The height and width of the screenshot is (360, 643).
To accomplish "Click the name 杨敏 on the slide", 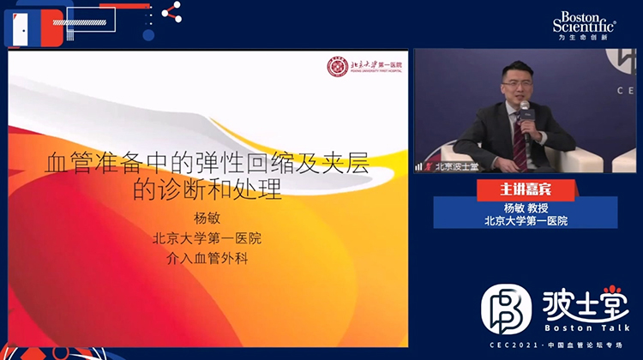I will (207, 219).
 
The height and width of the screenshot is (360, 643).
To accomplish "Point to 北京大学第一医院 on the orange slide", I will (207, 237).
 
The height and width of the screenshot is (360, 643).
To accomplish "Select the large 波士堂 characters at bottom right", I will (586, 302).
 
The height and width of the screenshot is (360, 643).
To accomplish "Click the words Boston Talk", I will (586, 327).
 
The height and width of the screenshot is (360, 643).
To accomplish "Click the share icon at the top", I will (171, 12).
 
